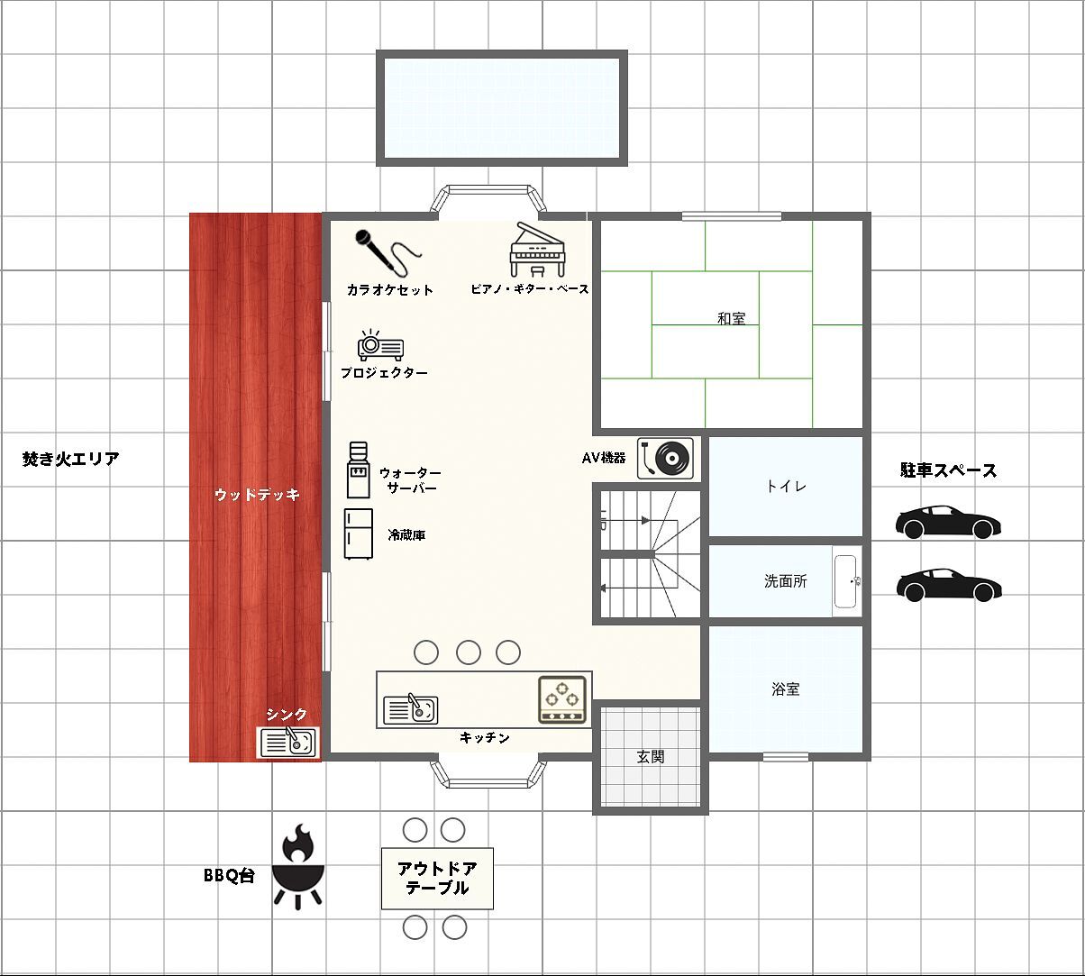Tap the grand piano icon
[x=537, y=250]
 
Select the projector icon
[x=380, y=345]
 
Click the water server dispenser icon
[x=358, y=470]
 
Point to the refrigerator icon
[x=358, y=534]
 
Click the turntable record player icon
[x=665, y=458]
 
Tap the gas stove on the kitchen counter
[x=562, y=699]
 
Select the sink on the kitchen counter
[x=411, y=708]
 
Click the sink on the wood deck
[x=287, y=742]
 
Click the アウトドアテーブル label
[x=437, y=878]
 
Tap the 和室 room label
[x=731, y=319]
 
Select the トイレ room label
[x=786, y=487]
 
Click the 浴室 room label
[x=785, y=689]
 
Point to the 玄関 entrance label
[x=650, y=756]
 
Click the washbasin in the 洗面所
[x=846, y=581]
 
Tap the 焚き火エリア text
[x=71, y=459]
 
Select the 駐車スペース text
[x=948, y=470]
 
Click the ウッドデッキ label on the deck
[x=257, y=495]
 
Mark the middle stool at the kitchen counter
[x=469, y=652]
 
